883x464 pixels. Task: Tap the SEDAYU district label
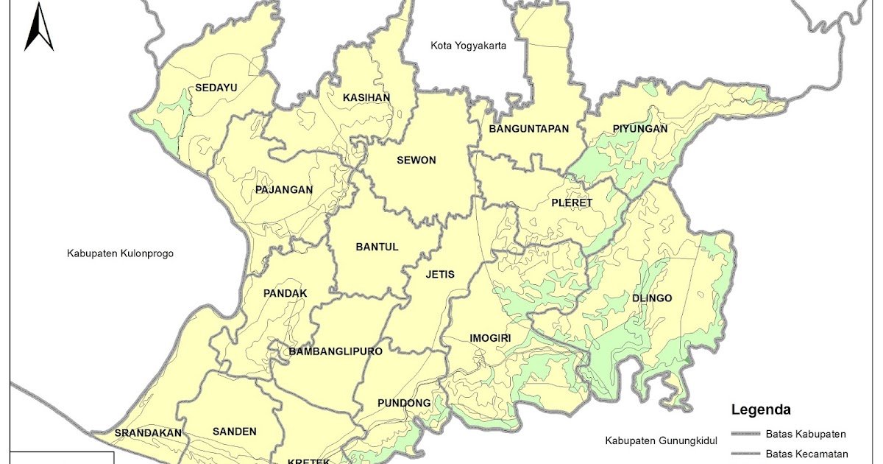point(216,88)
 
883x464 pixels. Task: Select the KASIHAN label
point(366,97)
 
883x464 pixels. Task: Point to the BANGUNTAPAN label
point(529,129)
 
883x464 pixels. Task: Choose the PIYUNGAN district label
point(639,129)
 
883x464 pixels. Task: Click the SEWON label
point(416,161)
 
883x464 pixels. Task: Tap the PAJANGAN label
point(284,190)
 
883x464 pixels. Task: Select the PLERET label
point(572,203)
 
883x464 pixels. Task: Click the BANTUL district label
point(377,247)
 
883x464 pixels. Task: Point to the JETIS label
point(440,275)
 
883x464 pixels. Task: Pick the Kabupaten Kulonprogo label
point(120,253)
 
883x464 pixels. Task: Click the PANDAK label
point(285,293)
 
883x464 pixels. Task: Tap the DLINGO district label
point(652,298)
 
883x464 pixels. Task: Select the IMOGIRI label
point(490,339)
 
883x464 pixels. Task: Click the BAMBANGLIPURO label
point(336,351)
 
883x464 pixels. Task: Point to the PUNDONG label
point(404,403)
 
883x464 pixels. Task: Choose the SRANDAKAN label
point(148,433)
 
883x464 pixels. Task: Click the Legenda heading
point(761,409)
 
